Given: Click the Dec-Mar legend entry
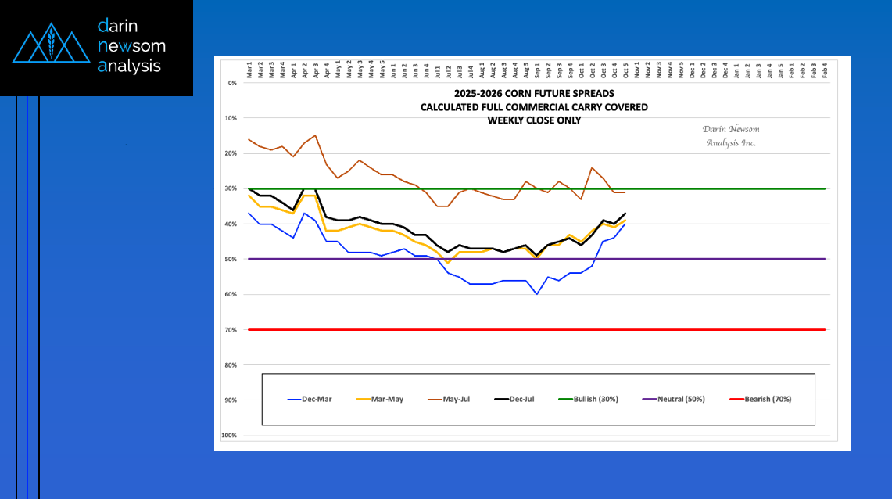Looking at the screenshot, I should [x=310, y=399].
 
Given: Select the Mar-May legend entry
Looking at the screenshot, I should [x=380, y=399].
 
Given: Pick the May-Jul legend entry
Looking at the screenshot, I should [x=449, y=399].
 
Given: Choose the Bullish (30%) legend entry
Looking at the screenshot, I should [x=588, y=399].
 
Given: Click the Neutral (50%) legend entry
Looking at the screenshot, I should [x=673, y=399].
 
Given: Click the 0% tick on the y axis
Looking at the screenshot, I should [x=232, y=82].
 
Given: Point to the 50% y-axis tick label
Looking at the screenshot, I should [x=231, y=259].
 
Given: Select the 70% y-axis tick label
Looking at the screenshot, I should [x=231, y=329].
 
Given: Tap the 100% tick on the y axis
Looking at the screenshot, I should [x=230, y=435].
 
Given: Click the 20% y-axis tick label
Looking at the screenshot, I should [x=231, y=153].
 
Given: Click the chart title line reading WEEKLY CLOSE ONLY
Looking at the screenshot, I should [x=534, y=120].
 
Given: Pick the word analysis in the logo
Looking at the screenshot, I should [x=130, y=66].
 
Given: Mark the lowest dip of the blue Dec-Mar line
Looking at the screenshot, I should [x=536, y=294].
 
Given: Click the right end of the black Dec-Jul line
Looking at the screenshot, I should [x=625, y=214].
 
